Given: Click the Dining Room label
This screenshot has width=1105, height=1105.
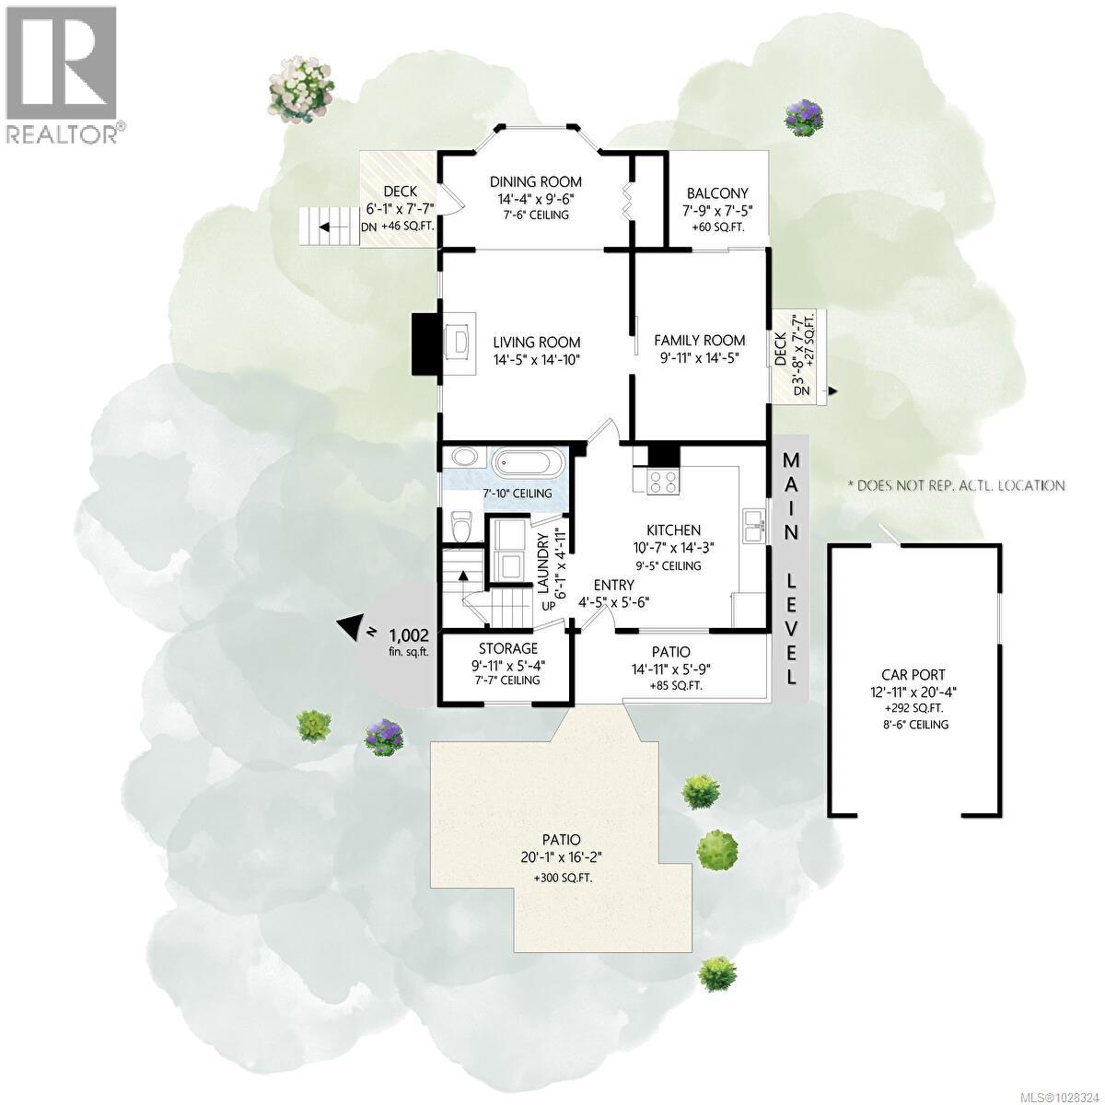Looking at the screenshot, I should [535, 181].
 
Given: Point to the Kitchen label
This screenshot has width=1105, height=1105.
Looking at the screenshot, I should [673, 530].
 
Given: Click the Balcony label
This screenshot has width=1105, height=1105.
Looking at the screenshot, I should [717, 193].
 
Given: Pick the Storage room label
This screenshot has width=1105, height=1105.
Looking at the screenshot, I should [507, 649].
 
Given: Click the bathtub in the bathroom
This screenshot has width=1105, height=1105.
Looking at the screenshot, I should [526, 462].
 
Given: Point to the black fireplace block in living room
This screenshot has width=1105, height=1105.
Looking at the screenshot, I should [426, 343].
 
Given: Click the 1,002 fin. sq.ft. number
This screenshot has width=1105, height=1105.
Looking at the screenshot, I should [408, 635].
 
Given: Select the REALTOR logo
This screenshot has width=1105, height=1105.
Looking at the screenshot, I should [61, 74].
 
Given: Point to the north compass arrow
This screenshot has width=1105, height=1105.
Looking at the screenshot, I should [350, 628].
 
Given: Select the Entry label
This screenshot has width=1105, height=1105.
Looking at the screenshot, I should [613, 585].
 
